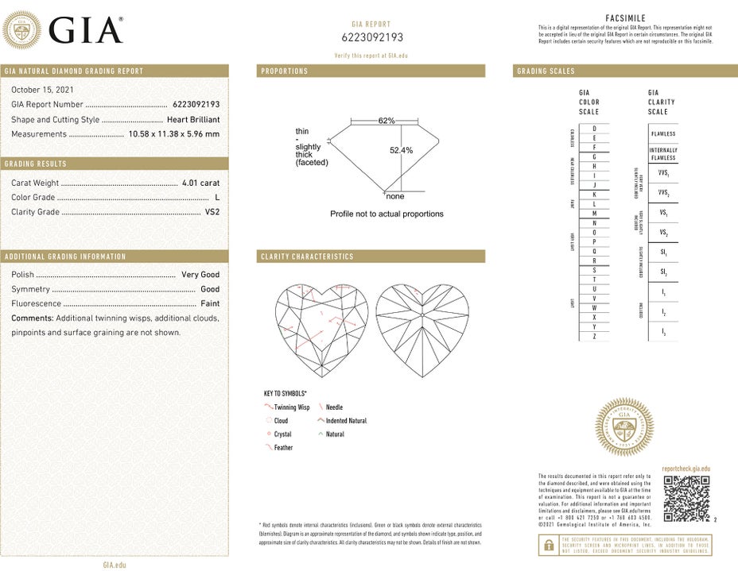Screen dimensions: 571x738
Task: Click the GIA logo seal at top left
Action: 23,30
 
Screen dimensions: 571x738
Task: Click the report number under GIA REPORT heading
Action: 372,37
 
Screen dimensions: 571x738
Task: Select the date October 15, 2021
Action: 42,90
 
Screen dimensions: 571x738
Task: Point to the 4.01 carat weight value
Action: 200,183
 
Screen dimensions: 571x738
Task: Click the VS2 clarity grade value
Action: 212,212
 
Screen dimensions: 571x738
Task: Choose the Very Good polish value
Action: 200,275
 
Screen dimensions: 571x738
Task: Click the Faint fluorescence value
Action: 208,303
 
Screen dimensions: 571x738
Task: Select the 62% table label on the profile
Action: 386,121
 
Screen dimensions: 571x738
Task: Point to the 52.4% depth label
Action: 401,150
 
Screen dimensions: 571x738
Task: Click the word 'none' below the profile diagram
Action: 394,196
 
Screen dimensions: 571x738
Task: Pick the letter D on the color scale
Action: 594,129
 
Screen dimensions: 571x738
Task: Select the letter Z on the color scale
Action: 594,336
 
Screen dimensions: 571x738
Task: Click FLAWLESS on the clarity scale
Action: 662,134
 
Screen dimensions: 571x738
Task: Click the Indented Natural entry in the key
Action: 346,421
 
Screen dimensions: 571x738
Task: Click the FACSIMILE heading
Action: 625,18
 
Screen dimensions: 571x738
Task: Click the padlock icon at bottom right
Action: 547,546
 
